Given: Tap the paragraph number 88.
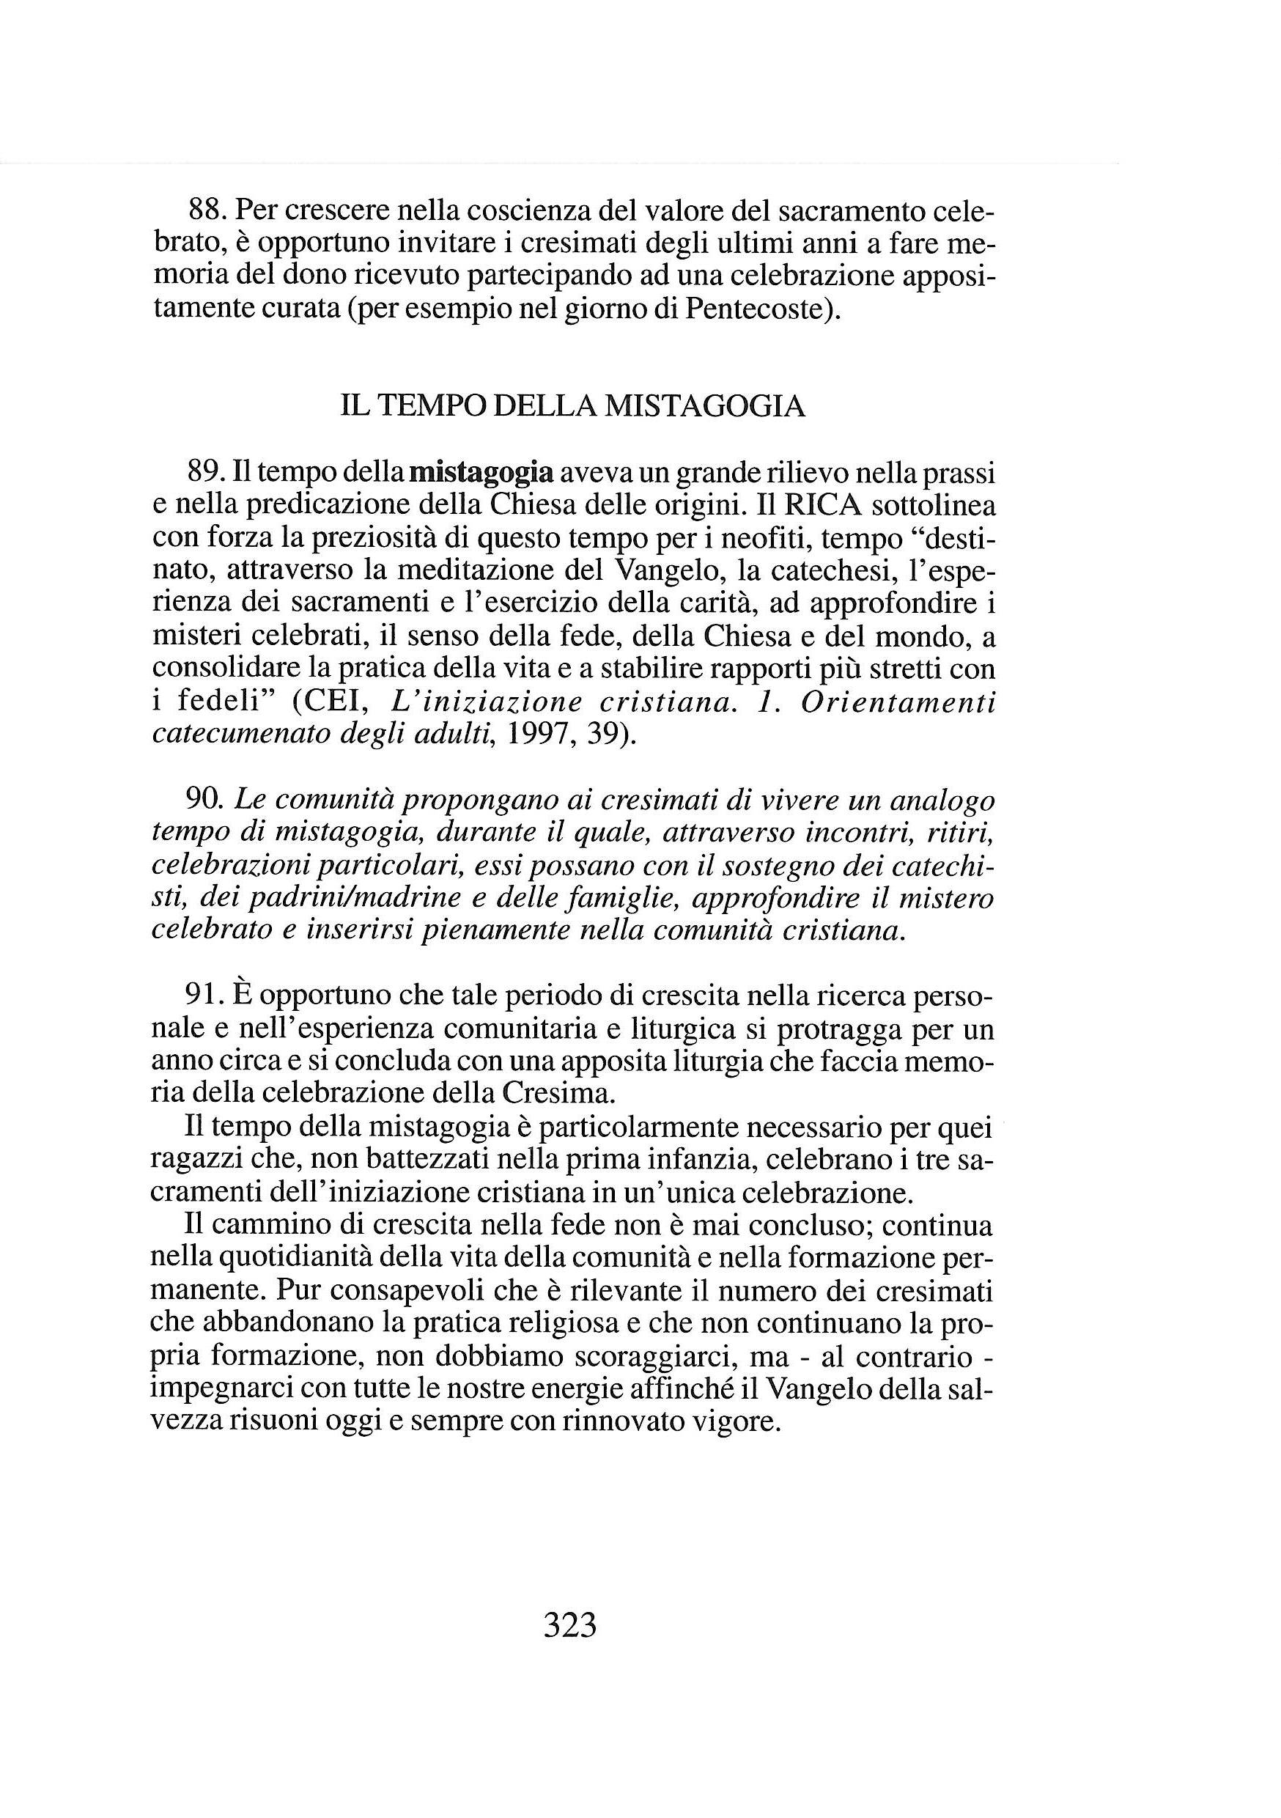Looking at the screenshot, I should (x=207, y=211).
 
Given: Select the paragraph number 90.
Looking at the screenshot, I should (x=207, y=801).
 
